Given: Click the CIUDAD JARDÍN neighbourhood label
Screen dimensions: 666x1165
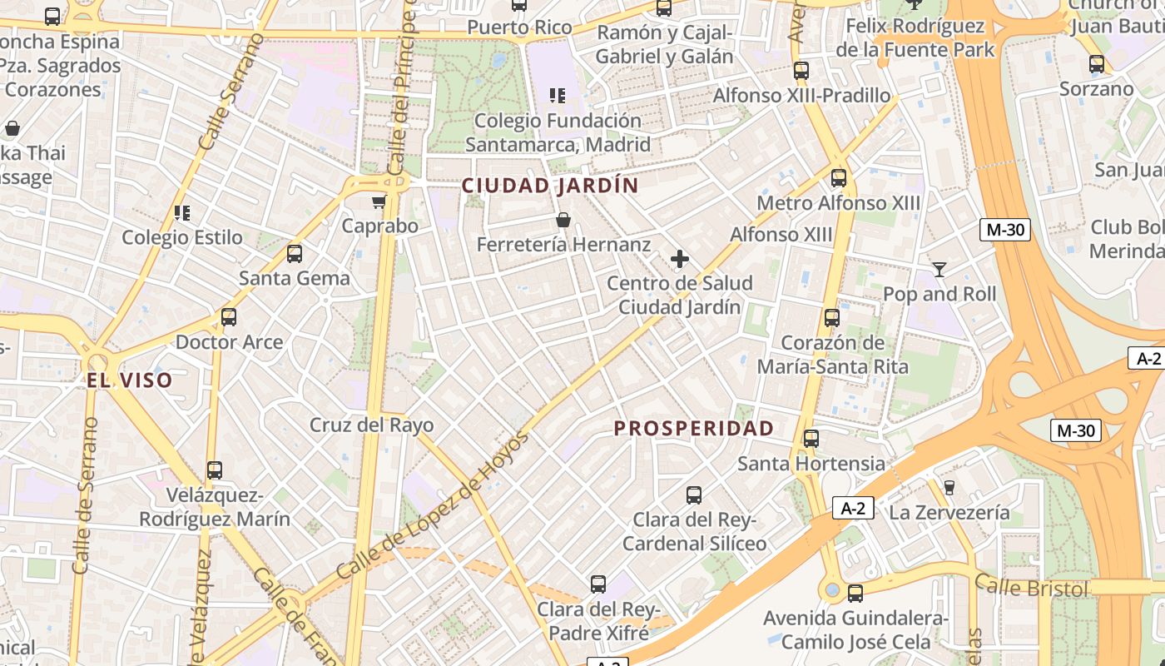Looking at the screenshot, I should pyautogui.click(x=549, y=186).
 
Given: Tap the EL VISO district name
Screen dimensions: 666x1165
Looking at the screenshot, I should pyautogui.click(x=130, y=380).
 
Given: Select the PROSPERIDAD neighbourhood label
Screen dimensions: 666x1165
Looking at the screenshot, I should pyautogui.click(x=694, y=429).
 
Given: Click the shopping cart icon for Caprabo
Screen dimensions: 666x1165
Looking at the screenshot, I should pyautogui.click(x=379, y=201).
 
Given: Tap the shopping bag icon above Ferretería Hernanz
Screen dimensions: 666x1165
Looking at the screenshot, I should pyautogui.click(x=563, y=220).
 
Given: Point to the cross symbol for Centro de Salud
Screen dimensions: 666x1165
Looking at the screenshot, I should pyautogui.click(x=680, y=259).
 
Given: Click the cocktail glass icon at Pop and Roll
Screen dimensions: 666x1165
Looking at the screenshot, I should pyautogui.click(x=939, y=269).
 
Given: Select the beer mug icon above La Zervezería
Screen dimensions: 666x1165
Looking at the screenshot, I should pyautogui.click(x=949, y=487).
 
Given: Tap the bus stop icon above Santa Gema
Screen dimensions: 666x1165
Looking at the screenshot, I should pyautogui.click(x=294, y=254).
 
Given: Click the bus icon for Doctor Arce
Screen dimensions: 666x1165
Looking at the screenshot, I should pyautogui.click(x=229, y=317).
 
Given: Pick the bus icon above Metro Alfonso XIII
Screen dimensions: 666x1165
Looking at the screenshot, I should pyautogui.click(x=838, y=178).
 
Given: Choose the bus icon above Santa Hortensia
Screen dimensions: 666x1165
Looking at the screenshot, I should pyautogui.click(x=811, y=439).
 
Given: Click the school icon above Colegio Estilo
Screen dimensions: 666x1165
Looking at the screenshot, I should pyautogui.click(x=182, y=213).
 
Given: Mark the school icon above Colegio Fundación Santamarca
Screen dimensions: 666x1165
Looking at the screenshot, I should pyautogui.click(x=558, y=96).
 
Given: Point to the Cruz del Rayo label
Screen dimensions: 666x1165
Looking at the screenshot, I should pyautogui.click(x=371, y=425).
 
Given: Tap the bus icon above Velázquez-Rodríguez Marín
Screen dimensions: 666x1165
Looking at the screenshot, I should pyautogui.click(x=215, y=470).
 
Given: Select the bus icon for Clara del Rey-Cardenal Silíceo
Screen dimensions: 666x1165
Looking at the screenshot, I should pyautogui.click(x=694, y=495).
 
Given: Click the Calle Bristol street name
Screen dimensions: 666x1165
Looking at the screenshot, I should pyautogui.click(x=1031, y=587).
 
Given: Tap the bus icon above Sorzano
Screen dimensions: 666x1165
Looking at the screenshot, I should pyautogui.click(x=1097, y=64).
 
